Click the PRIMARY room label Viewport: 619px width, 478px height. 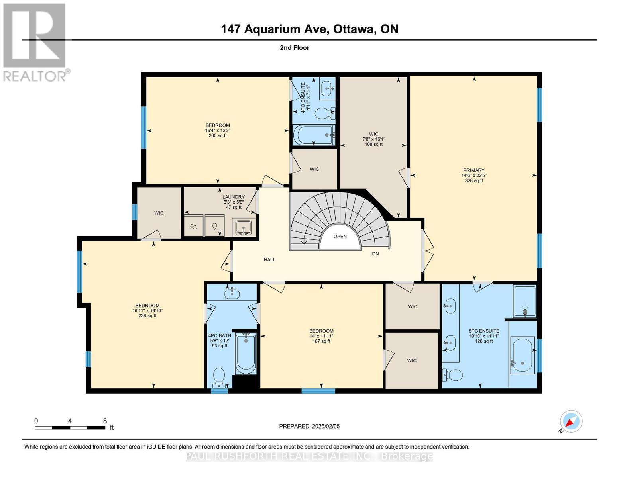tap(474, 170)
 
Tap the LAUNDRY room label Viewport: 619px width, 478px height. tap(233, 197)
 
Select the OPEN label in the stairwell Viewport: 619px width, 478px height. tap(340, 237)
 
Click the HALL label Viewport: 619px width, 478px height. tap(269, 260)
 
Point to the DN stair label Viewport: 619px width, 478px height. tap(375, 254)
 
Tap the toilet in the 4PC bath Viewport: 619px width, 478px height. tap(219, 377)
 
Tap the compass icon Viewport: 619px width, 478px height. tap(571, 421)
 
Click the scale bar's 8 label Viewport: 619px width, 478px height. tap(105, 421)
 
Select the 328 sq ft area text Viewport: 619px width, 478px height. tap(474, 181)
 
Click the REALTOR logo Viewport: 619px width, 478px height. tap(35, 42)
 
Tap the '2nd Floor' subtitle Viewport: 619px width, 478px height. tap(294, 48)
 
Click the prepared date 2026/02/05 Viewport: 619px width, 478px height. tap(309, 426)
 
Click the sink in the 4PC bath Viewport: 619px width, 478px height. tap(232, 294)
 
